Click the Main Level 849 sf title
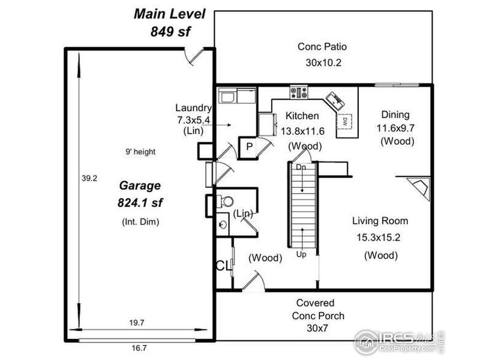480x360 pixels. point(170,23)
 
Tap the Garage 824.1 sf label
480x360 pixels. point(140,194)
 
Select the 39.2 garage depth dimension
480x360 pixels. point(89,178)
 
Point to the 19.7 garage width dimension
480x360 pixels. point(137,323)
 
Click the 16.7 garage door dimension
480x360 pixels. point(139,348)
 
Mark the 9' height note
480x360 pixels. point(140,152)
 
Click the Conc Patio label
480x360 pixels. point(322,47)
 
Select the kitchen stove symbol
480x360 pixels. point(299,92)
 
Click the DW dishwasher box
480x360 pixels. point(344,122)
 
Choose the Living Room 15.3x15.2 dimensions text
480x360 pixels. point(379,237)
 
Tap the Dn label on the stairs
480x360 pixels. point(301,167)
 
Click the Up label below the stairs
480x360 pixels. point(301,254)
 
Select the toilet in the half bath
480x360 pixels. point(225,202)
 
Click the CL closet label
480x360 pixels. point(223,266)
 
